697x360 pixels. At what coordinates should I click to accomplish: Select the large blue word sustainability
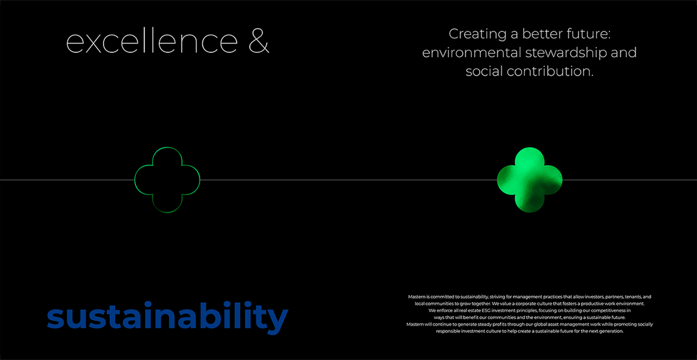(x=167, y=317)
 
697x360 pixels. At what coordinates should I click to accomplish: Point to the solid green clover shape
(x=530, y=180)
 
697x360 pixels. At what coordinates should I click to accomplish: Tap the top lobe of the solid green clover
(x=530, y=159)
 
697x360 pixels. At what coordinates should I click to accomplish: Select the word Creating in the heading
(x=478, y=34)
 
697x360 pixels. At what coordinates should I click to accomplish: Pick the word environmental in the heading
(x=471, y=52)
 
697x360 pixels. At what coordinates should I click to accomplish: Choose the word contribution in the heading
(x=550, y=71)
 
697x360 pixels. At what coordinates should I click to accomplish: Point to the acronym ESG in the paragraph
(x=486, y=311)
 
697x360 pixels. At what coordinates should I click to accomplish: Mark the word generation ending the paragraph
(x=612, y=331)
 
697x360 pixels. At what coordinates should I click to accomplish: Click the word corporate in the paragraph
(x=525, y=304)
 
